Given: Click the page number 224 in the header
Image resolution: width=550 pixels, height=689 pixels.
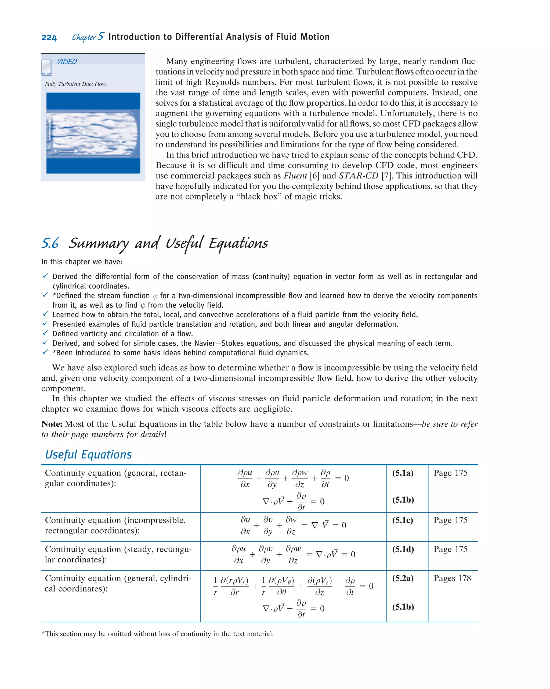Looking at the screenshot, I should pos(49,37).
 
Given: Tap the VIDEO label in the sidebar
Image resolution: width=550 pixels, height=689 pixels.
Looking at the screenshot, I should pos(67,62).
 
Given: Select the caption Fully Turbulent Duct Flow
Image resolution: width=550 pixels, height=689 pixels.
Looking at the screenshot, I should pos(76,84).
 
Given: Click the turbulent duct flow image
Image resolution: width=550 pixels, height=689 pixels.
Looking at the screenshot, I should pos(93,133).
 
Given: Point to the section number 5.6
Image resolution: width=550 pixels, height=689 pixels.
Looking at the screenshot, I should pos(50,244).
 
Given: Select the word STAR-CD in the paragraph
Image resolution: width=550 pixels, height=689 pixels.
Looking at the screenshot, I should pos(359,176).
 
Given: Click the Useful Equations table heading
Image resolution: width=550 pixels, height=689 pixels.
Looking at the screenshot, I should pos(88,454).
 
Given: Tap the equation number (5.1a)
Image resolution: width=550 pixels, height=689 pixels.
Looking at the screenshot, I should pos(403,473).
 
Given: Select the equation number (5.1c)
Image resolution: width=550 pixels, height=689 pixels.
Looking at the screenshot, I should pos(403,520).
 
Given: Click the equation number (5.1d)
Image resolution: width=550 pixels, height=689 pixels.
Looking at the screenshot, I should pos(403,549).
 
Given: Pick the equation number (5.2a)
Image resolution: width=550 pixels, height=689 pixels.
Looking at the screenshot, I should pos(403,579).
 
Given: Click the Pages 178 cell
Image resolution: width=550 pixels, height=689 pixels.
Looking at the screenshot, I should pos(452,579).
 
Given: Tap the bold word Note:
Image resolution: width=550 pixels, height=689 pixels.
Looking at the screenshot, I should pos(52,424).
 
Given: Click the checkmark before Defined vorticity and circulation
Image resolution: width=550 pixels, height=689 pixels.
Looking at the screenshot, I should pos(45,333).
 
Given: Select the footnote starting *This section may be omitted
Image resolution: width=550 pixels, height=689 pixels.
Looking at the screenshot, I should pos(157,634).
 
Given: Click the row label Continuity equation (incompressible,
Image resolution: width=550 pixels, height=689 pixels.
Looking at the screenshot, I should pos(115,520).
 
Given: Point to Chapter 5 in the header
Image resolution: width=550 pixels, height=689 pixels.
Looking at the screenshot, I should pos(88,37).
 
